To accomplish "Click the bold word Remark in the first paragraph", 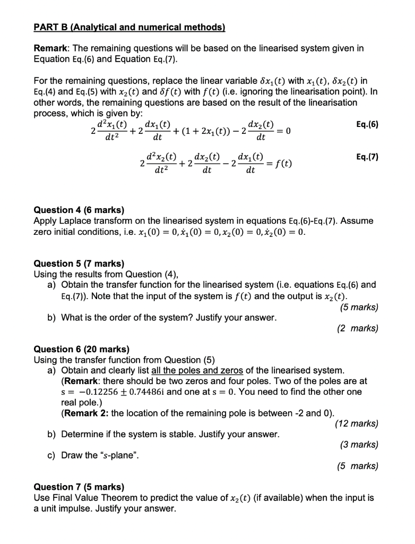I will (50, 48).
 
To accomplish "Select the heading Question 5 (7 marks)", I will (79, 263).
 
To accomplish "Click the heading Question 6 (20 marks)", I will (81, 349).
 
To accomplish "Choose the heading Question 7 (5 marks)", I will (79, 487).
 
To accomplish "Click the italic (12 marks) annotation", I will (357, 423).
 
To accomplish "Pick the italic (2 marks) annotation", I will (358, 328).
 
